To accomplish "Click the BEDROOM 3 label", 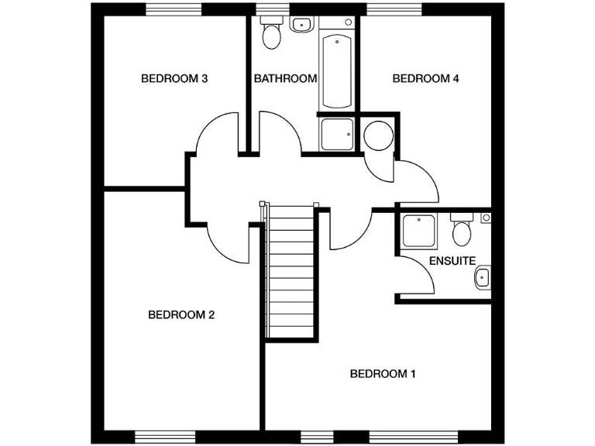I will click(174, 78).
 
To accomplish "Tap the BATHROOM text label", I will click(285, 78).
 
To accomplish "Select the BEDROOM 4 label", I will click(421, 78).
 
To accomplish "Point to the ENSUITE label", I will click(452, 261).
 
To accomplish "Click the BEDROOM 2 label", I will click(181, 314).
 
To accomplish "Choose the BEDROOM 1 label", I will click(383, 374).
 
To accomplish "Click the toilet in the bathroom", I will click(270, 35).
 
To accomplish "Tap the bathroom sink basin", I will click(300, 24).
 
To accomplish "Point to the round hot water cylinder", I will click(378, 136).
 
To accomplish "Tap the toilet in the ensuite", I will click(462, 229).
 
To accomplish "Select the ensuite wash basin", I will click(483, 276).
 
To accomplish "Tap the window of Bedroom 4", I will click(395, 9).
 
